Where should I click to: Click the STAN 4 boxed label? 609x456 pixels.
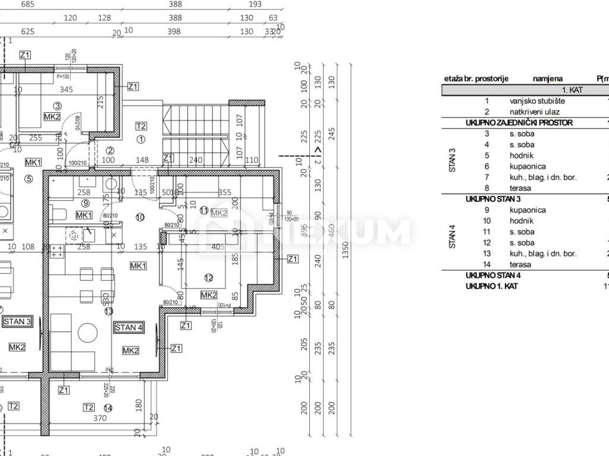[129, 327]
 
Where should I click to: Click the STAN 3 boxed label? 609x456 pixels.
[17, 322]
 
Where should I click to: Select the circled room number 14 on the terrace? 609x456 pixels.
[108, 408]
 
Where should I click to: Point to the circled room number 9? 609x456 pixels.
[86, 203]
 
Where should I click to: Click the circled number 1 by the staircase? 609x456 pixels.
[141, 140]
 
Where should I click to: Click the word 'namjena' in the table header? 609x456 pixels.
[547, 78]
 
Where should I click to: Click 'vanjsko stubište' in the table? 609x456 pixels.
[537, 101]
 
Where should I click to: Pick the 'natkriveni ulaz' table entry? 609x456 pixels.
[537, 112]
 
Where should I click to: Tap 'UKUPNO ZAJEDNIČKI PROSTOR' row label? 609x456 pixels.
[519, 123]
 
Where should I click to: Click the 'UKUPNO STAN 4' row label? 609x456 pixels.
[493, 275]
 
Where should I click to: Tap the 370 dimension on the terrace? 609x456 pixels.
[99, 418]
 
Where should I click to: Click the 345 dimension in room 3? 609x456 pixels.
[66, 90]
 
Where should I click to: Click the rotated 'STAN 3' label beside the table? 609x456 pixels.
[453, 161]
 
